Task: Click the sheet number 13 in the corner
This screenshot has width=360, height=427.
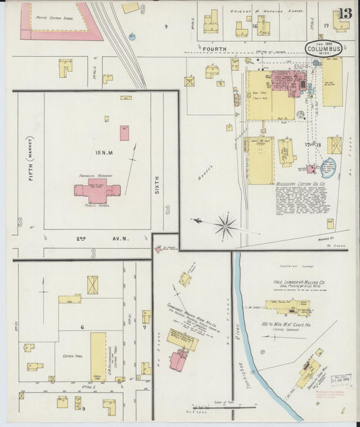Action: click(x=345, y=14)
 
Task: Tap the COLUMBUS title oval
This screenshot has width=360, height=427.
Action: click(x=324, y=49)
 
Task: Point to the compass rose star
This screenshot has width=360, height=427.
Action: click(x=226, y=225)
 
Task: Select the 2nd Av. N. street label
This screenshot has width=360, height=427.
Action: click(x=88, y=238)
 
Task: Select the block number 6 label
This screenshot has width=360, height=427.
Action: click(x=82, y=326)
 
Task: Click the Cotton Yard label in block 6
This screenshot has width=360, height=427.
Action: click(x=72, y=355)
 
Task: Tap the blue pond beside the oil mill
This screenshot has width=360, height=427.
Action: click(x=328, y=167)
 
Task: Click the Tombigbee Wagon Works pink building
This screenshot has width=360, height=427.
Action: click(x=179, y=359)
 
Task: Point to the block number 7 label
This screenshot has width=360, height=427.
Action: click(x=145, y=328)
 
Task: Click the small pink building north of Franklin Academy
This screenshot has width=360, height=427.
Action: click(x=124, y=132)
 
